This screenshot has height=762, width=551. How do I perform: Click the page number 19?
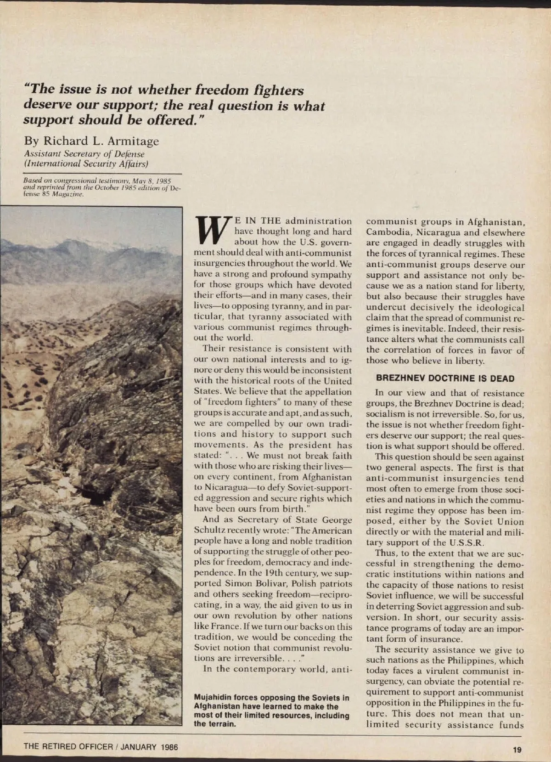tap(517, 750)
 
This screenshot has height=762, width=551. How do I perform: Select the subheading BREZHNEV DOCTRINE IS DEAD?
tap(445, 378)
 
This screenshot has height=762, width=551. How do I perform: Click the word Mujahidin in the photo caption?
tap(213, 698)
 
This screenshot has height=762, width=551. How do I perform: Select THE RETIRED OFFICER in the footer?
tap(67, 747)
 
